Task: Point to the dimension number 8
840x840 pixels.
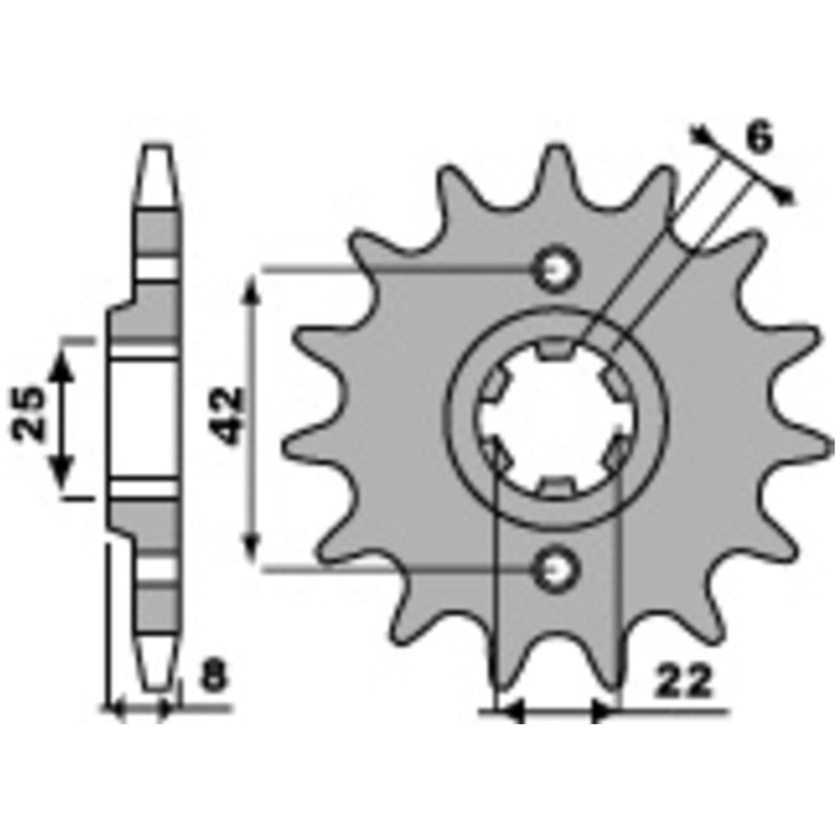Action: pyautogui.click(x=215, y=676)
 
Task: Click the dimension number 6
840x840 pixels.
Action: pyautogui.click(x=760, y=137)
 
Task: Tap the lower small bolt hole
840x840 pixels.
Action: pyautogui.click(x=557, y=569)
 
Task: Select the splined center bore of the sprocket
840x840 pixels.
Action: pyautogui.click(x=556, y=418)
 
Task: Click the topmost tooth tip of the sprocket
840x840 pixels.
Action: pyautogui.click(x=557, y=148)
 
